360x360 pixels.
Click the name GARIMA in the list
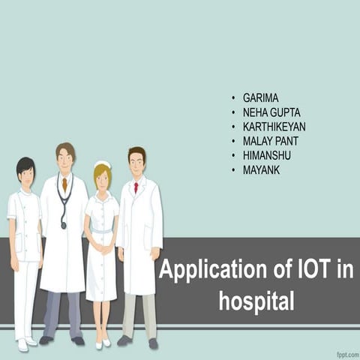260,98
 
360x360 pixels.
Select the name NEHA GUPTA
271,112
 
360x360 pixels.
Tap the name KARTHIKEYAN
274,127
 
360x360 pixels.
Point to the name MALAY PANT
271,141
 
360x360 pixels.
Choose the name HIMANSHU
267,155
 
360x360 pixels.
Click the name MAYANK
262,169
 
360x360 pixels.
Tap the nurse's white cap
103,164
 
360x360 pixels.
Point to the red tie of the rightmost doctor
136,187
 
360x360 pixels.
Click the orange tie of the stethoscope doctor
65,184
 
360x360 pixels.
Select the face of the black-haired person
26,177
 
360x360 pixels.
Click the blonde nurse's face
103,178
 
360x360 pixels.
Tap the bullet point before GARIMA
233,99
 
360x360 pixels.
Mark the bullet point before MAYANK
233,170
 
